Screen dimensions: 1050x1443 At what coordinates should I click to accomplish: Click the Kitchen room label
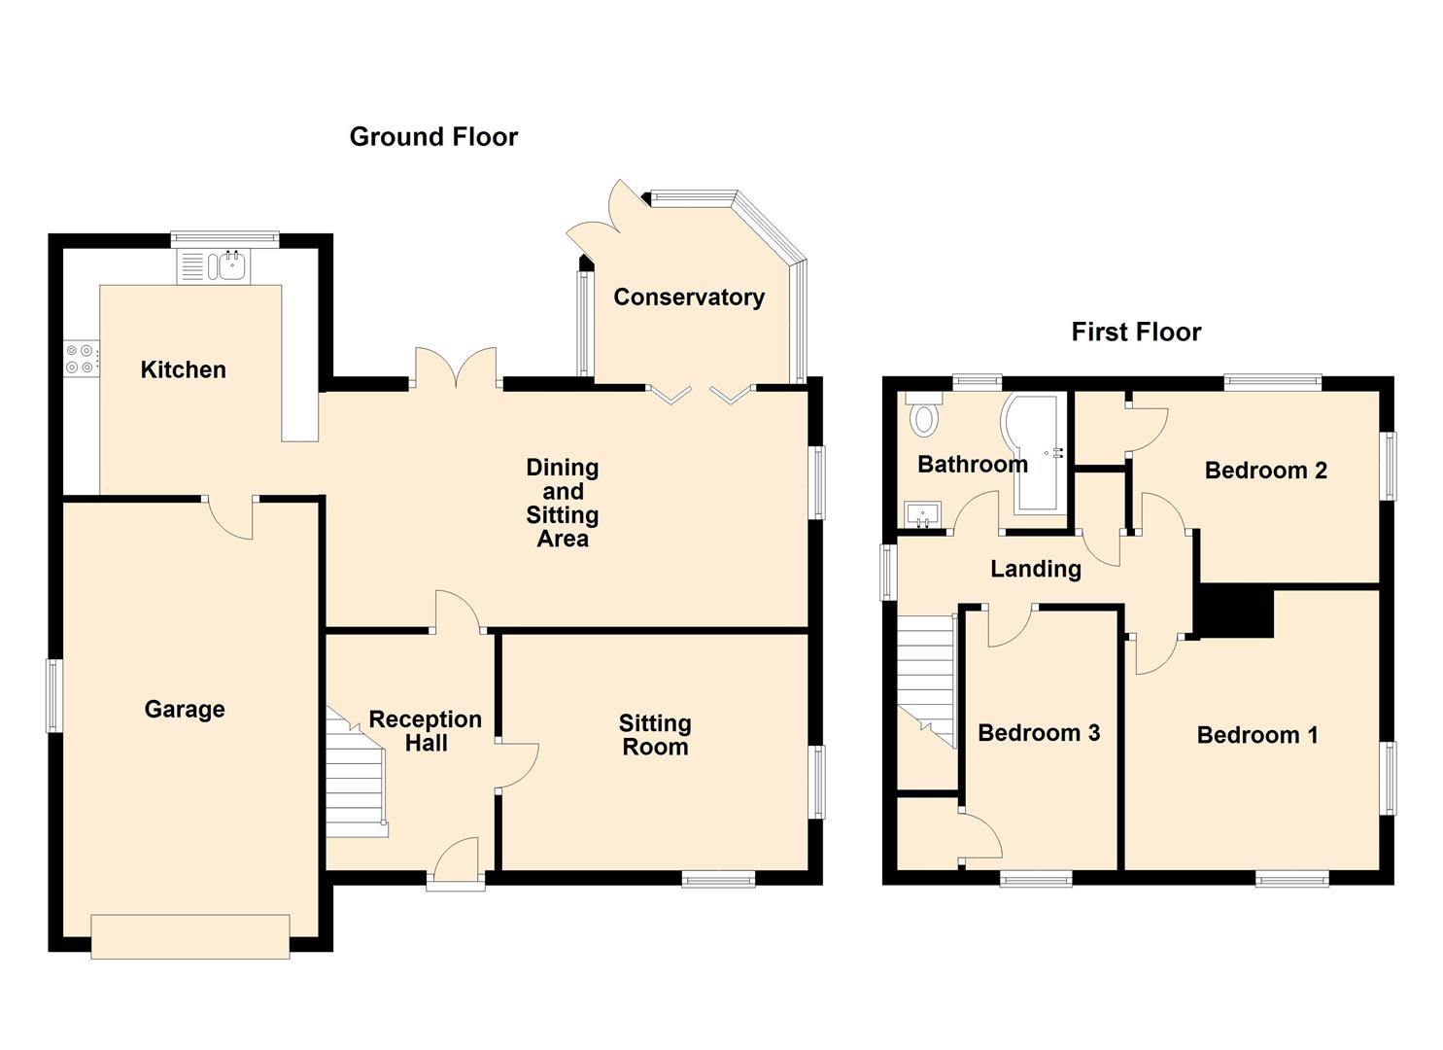click(x=183, y=369)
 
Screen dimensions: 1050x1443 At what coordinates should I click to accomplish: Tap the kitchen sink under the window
click(x=231, y=265)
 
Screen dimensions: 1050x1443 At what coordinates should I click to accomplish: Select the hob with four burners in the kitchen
click(x=81, y=359)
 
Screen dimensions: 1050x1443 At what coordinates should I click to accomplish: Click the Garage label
click(x=185, y=710)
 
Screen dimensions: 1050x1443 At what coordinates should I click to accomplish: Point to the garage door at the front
click(x=190, y=936)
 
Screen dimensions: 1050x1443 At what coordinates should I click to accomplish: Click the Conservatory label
click(x=689, y=297)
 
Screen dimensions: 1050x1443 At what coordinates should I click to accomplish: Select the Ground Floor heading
click(x=433, y=137)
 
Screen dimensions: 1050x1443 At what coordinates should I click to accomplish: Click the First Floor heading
click(x=1136, y=332)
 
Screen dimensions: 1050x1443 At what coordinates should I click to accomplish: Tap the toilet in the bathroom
click(x=924, y=415)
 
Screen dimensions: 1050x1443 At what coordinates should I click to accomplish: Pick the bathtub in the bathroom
click(x=1039, y=452)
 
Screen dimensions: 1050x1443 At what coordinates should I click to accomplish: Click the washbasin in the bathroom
click(x=921, y=513)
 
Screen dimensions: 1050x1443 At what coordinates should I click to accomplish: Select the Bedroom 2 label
click(x=1265, y=471)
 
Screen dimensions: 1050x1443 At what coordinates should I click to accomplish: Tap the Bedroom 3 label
click(x=1039, y=733)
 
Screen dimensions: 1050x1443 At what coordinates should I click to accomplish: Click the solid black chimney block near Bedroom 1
click(x=1236, y=612)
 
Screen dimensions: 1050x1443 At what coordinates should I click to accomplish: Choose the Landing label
click(x=1036, y=569)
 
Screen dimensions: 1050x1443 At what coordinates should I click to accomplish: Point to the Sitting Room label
click(x=655, y=735)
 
